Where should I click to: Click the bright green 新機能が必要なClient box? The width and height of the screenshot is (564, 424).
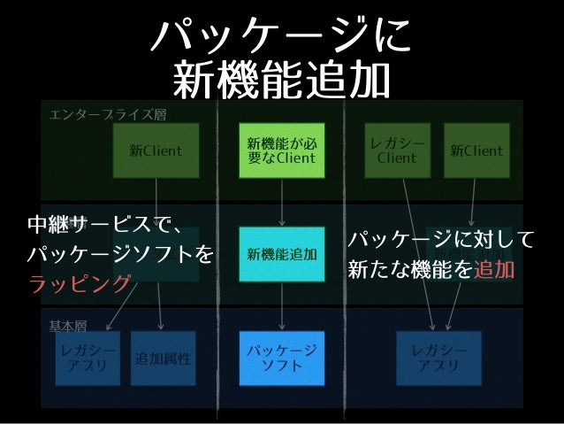281,150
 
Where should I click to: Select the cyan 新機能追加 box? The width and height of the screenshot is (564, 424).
281,254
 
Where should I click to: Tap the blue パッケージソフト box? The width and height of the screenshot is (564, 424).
281,358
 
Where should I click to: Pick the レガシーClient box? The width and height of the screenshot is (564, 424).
397,150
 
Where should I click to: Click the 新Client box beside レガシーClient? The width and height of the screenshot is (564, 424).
476,150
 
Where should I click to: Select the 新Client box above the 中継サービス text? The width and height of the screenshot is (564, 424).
156,150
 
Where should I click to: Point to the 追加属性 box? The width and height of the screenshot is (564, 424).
163,358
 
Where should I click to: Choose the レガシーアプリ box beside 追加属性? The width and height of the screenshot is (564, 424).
87,358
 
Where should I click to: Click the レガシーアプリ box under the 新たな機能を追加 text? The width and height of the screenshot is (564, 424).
438,358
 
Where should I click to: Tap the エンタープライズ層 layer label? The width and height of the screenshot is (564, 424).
107,114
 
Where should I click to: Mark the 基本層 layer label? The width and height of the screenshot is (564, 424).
68,324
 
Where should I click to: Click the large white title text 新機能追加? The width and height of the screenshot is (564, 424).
281,81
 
